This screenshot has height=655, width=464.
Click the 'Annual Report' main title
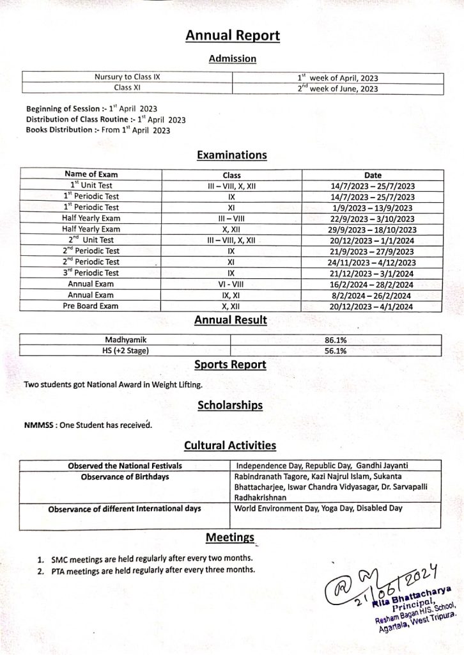232,36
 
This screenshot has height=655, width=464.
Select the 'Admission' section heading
232,59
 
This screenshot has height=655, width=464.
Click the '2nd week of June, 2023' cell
337,89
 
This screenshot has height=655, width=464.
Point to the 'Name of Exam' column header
91,174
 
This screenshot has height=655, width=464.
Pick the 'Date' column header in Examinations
373,174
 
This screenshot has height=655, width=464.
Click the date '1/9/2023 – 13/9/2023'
373,207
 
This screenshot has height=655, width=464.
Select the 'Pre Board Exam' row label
91,306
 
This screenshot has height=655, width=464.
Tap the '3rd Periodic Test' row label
91,273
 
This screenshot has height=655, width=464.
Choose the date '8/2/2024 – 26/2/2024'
373,295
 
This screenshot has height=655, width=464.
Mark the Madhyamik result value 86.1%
336,340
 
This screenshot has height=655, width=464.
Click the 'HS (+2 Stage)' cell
127,351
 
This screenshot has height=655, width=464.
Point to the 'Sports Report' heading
230,365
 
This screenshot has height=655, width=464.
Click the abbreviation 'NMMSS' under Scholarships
38,425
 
